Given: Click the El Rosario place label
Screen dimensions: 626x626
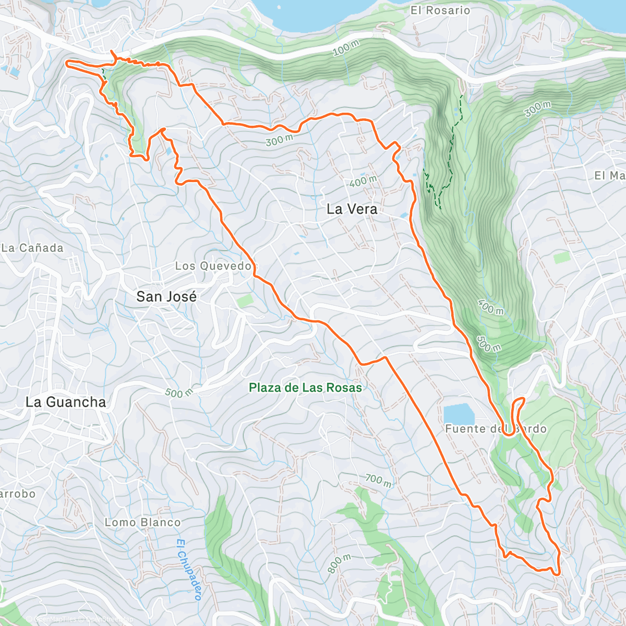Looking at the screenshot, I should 440,10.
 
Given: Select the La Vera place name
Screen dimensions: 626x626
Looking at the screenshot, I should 352,209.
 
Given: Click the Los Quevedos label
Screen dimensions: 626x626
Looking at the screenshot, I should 214,266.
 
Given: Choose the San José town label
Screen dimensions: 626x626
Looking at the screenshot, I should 166,297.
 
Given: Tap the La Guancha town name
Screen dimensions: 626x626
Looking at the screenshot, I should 66,402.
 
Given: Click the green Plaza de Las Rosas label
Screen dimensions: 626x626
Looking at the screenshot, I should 305,388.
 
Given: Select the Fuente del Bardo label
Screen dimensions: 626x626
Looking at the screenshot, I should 496,429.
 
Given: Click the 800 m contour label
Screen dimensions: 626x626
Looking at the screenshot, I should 340,564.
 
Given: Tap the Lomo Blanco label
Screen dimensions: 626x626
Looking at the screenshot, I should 142,522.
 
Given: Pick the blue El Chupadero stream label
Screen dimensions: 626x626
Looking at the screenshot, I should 189,570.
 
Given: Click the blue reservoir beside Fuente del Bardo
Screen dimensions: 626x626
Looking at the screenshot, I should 459,414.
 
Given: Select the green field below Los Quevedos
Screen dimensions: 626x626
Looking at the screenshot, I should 244,301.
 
